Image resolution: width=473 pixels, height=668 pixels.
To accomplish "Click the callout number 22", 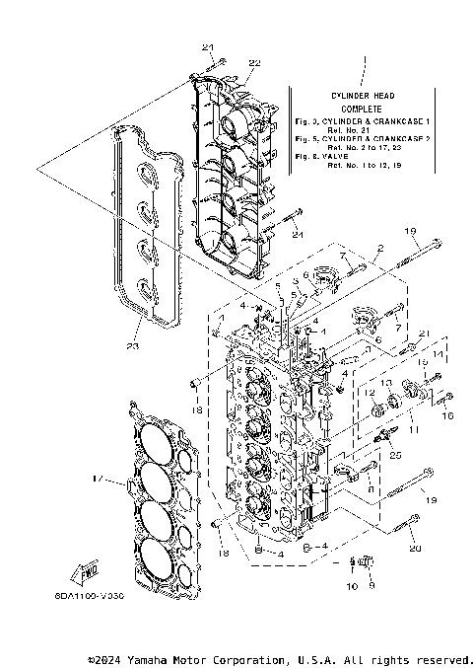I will pyautogui.click(x=254, y=62).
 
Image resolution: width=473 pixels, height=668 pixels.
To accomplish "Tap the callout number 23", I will pyautogui.click(x=133, y=345).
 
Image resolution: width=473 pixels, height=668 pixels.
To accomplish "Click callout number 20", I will pyautogui.click(x=415, y=548).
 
